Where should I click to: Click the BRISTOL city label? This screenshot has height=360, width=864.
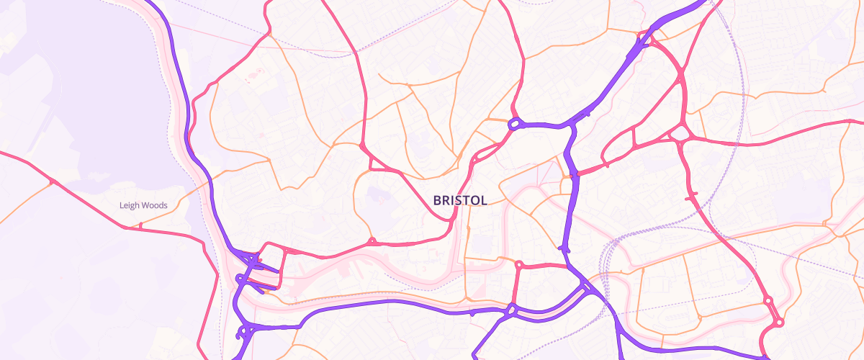pos(460,201)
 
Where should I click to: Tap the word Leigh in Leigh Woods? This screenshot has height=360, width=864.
pos(130,205)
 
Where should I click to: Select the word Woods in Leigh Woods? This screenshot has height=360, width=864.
pos(154,205)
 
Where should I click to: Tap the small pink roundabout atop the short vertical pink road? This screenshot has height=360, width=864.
pos(518,265)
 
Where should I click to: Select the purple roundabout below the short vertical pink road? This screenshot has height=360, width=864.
pos(511,310)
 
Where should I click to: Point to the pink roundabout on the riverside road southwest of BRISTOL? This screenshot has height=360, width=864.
pos(372,241)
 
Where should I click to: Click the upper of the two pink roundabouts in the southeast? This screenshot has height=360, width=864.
pos(768,300)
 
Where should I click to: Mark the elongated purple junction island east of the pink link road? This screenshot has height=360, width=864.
pos(564,248)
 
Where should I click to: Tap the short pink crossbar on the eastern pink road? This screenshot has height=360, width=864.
pos(693,195)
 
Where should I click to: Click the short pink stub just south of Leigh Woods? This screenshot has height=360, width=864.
pos(140,225)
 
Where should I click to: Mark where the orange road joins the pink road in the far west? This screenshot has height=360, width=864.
pos(51,181)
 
